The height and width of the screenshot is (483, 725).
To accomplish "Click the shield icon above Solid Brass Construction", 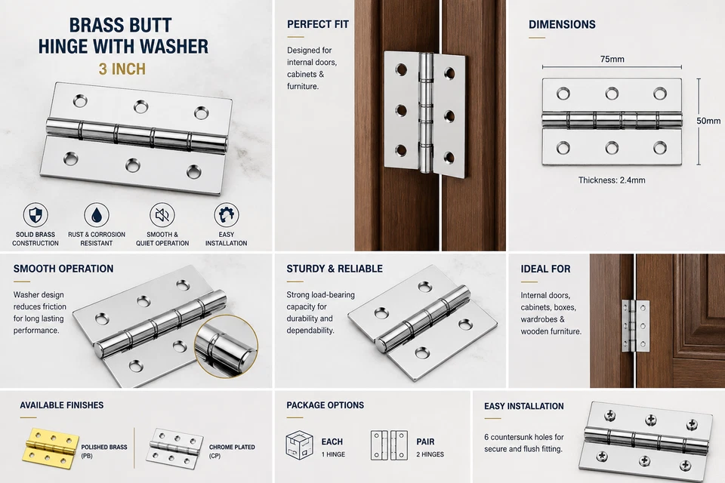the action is pos(35,215).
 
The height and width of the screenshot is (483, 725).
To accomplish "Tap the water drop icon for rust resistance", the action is pos(97,215).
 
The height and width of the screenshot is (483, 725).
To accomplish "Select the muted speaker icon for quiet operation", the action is pos(162,215).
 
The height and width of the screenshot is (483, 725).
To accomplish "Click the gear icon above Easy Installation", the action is pos(226,215).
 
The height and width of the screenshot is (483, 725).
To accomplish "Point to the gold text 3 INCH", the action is pos(122,69).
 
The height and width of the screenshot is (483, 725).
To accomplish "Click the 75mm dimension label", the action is pos(612,59).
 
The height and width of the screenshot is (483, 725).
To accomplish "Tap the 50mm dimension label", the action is pos(708,121).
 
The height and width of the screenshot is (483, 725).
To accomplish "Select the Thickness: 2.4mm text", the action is pos(612,180).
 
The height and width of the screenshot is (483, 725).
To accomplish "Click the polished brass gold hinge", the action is pos(50,448).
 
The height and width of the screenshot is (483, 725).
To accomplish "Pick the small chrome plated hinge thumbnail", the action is pos(174,448).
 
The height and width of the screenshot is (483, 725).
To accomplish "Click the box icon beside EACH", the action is pos(299,445).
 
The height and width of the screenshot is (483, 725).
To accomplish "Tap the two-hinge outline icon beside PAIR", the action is pos(390,445).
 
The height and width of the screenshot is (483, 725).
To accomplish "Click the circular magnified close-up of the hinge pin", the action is pos(226,346).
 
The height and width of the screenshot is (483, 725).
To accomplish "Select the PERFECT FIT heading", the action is pos(318,24).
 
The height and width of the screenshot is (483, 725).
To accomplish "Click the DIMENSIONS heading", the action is pos(562,24).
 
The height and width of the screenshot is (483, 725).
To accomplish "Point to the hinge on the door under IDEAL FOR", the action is pos(636,325).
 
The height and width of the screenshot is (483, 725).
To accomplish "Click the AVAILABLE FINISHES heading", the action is pos(61,405).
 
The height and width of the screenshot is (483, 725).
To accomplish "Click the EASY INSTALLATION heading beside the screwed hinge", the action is pos(524,406).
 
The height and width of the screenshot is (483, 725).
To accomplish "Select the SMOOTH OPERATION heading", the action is pos(63,269).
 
